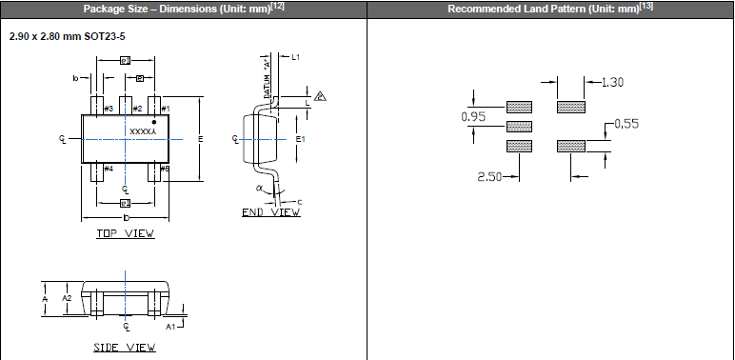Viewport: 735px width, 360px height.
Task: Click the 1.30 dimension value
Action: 612,83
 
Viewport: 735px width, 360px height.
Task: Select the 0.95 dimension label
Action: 472,117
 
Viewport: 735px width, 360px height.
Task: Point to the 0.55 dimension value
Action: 628,124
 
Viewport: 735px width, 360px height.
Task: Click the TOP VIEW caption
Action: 125,233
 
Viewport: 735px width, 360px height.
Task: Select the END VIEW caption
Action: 270,212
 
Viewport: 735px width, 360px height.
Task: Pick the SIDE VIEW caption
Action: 125,348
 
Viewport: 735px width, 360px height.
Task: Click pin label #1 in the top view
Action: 165,110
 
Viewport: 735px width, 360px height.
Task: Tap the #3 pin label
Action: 108,110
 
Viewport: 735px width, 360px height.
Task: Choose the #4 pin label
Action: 108,169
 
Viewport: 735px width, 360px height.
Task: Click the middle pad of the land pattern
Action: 519,126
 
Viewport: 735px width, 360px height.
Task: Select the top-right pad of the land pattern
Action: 570,106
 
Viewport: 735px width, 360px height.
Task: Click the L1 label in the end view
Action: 296,58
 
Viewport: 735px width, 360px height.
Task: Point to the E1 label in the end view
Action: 300,139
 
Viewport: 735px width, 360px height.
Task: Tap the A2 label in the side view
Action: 67,298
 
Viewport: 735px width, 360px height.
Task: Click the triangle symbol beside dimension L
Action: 321,96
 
